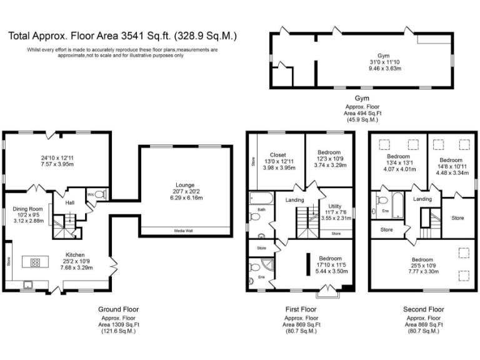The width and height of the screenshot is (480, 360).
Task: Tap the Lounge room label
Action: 184,185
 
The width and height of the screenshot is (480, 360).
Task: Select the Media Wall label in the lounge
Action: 184,231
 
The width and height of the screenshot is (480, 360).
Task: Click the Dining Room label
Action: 27,209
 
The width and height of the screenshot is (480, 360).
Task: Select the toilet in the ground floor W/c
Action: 99,194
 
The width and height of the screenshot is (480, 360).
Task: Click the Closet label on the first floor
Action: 278,154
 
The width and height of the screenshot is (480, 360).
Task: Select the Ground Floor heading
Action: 118,309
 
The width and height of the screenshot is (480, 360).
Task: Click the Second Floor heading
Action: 423,309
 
